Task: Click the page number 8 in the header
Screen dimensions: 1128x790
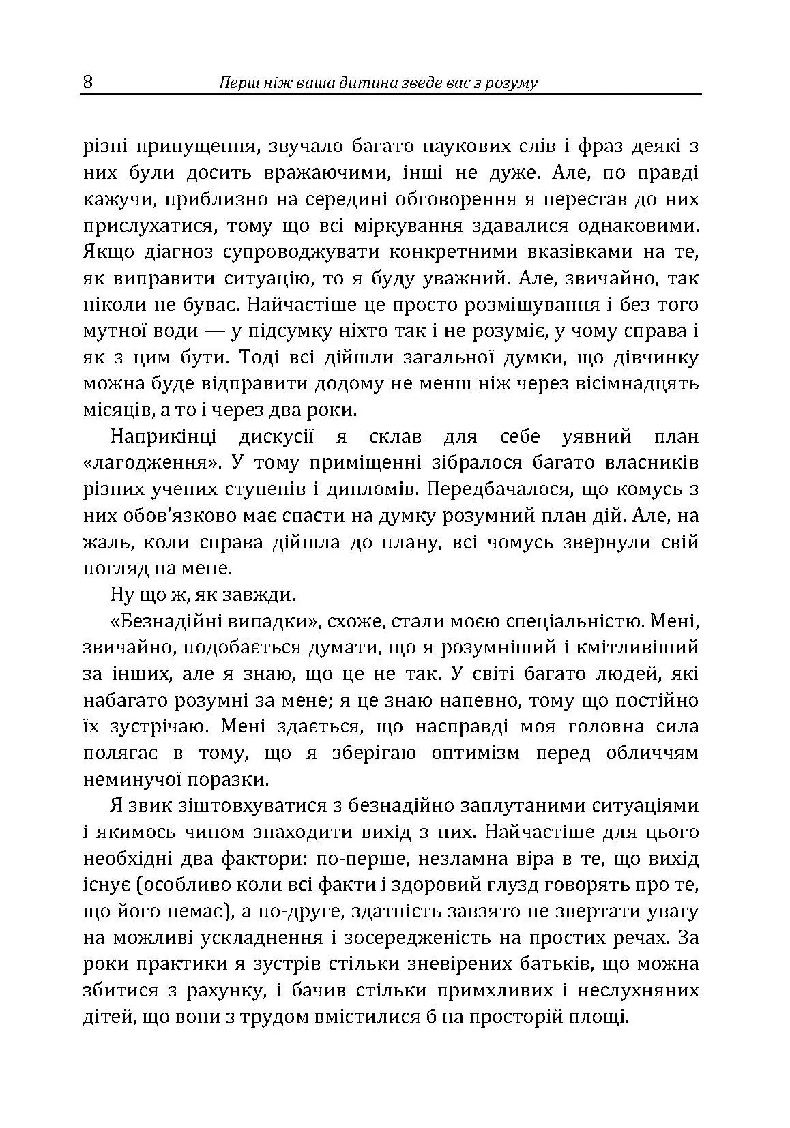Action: click(x=88, y=83)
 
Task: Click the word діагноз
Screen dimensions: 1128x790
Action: click(x=181, y=252)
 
